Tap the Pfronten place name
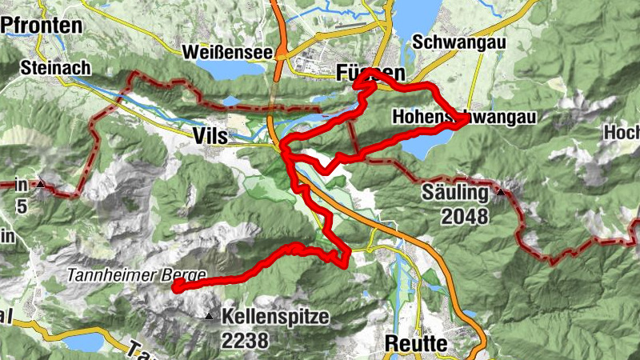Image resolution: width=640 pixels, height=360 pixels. tap(42, 26)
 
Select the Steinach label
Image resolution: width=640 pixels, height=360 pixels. tap(56, 68)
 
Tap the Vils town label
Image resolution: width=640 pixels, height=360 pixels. tap(210, 137)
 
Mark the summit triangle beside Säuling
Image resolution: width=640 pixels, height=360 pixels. tap(501, 192)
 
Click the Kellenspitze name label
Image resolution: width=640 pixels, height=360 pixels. tap(277, 317)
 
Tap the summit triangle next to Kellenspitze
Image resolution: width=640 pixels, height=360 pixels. tap(209, 317)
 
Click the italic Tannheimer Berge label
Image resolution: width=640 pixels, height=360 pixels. tap(136, 274)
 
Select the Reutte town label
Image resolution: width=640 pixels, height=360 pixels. tap(416, 342)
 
